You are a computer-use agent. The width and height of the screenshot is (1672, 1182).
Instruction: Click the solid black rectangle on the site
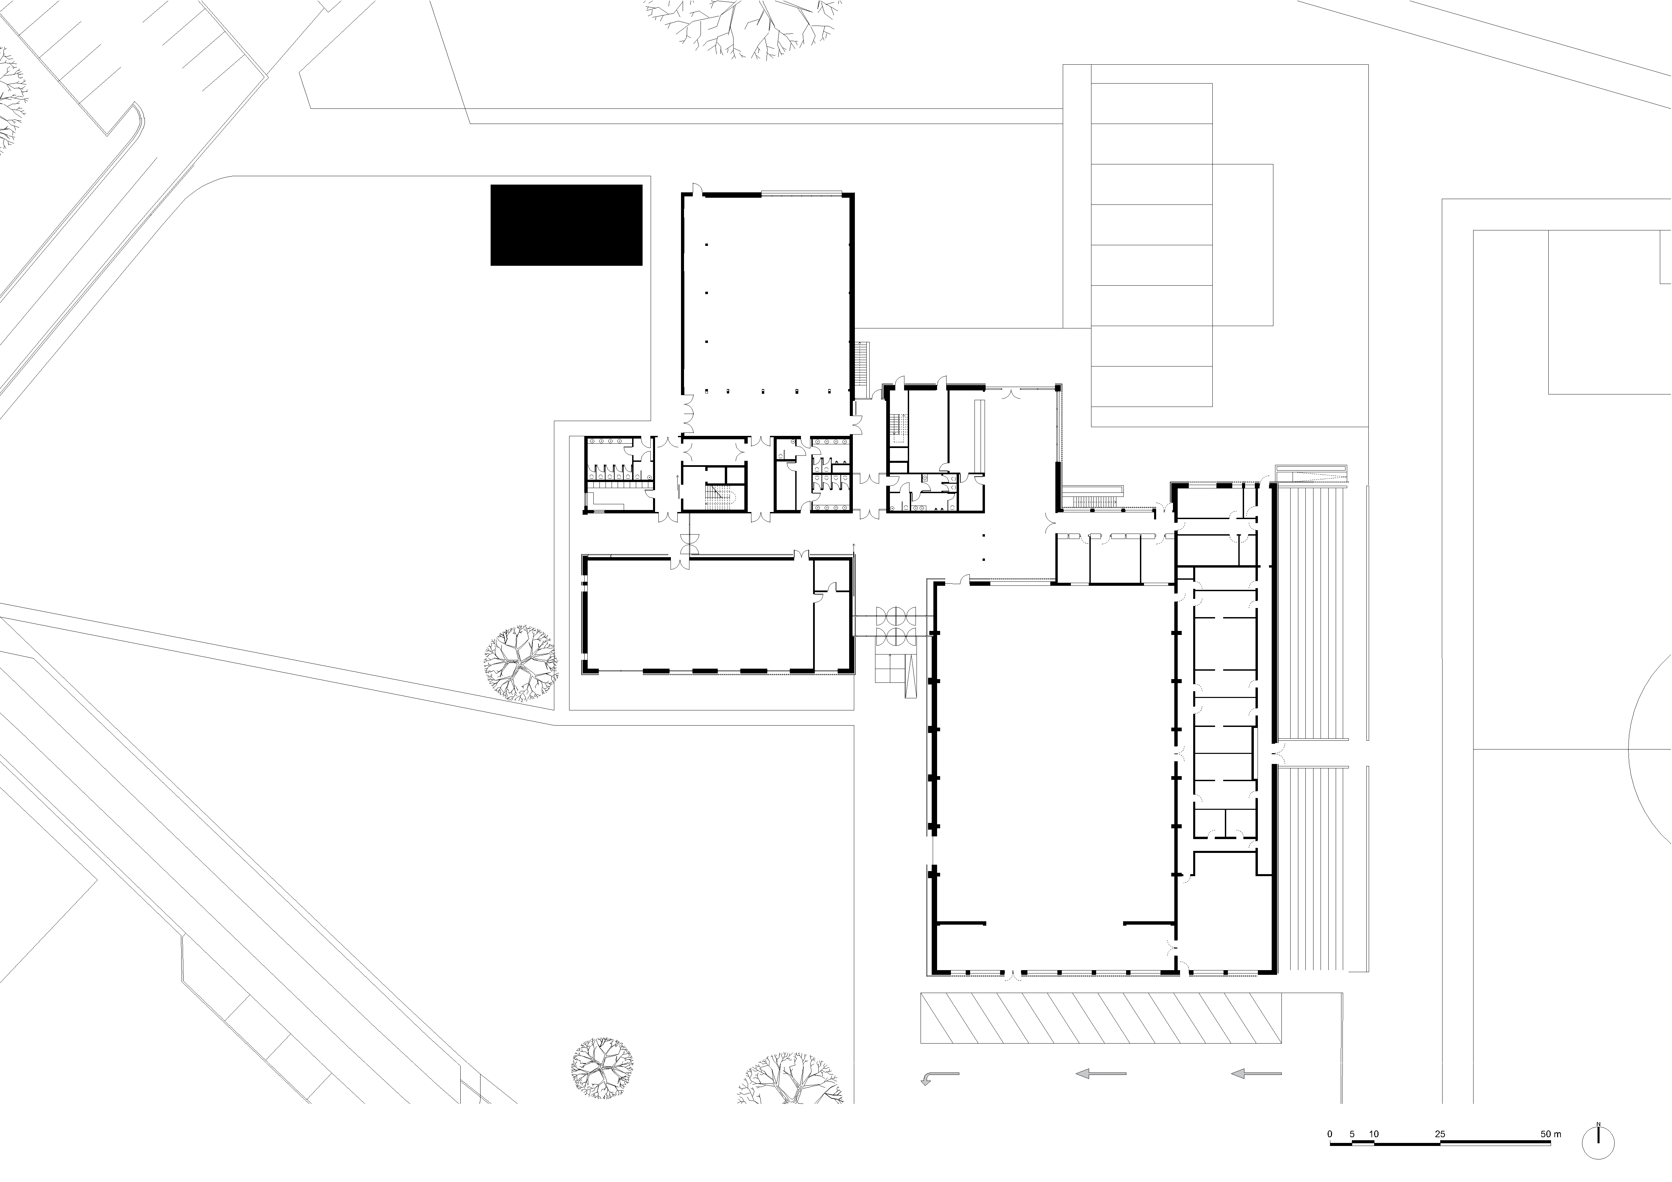(566, 225)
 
